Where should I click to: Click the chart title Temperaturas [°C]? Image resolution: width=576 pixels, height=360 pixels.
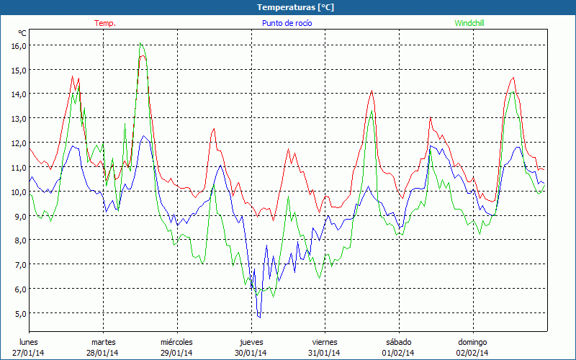click(x=295, y=6)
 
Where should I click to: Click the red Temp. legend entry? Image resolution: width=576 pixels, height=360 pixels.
click(x=105, y=23)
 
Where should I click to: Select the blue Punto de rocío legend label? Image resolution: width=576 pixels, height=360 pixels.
click(x=286, y=23)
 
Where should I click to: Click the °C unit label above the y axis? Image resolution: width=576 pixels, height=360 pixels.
click(x=22, y=33)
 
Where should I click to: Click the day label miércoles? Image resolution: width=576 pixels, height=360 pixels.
click(x=176, y=342)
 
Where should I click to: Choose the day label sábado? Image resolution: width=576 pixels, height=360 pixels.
click(x=398, y=342)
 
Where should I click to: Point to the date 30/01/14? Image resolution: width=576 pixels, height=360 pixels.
click(x=251, y=353)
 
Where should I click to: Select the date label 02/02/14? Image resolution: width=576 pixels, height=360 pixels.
click(x=473, y=353)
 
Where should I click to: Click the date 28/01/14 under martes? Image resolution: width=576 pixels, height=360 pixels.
click(x=103, y=353)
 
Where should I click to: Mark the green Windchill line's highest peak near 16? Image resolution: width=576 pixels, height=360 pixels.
click(x=141, y=44)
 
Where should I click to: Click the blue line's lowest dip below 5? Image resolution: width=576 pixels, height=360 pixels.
click(x=259, y=317)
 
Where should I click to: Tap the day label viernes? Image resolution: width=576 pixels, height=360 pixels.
click(x=325, y=342)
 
